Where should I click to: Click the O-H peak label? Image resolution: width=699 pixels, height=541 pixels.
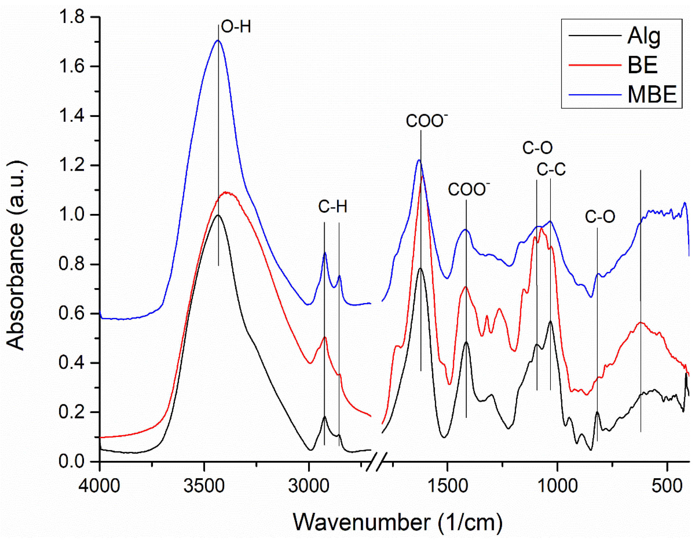(x=236, y=27)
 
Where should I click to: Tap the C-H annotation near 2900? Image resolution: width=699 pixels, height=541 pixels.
(x=332, y=206)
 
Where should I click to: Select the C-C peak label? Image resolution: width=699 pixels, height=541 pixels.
(x=551, y=169)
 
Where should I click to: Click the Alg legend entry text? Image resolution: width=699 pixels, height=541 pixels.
(x=644, y=36)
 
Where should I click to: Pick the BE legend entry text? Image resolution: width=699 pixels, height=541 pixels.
(x=643, y=65)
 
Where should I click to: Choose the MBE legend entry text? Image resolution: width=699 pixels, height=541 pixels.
(x=652, y=94)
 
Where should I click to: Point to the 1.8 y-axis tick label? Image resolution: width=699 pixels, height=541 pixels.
(x=72, y=17)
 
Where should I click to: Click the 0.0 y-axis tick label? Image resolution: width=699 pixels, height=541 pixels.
(x=72, y=462)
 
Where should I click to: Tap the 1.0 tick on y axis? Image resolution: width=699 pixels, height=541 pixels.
(x=72, y=215)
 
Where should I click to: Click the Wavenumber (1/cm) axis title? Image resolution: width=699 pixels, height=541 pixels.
(x=398, y=522)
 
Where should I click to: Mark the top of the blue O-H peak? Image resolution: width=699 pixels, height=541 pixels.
(x=218, y=41)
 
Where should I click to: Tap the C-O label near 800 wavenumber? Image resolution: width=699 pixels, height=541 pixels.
(x=600, y=217)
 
